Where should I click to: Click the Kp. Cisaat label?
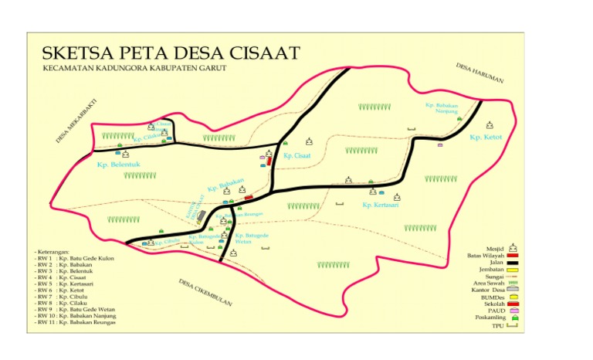pyautogui.click(x=296, y=155)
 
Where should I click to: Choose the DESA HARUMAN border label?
pyautogui.click(x=479, y=73)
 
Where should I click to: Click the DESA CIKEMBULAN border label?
pyautogui.click(x=205, y=293)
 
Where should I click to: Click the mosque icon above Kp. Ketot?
pyautogui.click(x=490, y=124)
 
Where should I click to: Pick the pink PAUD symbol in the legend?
pyautogui.click(x=512, y=311)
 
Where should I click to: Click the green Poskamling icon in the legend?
pyautogui.click(x=512, y=318)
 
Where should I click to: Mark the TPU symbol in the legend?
pyautogui.click(x=511, y=327)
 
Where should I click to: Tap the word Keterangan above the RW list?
pyautogui.click(x=53, y=252)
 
